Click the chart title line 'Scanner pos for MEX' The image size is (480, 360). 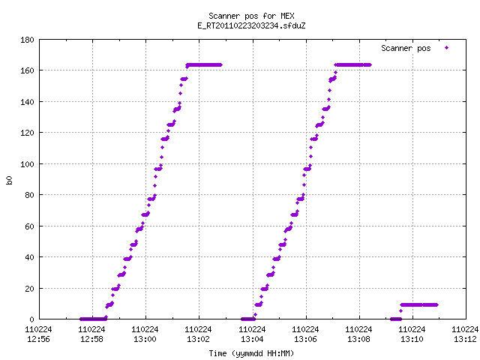[x=251, y=16]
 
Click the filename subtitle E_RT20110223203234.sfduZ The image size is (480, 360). [x=251, y=25]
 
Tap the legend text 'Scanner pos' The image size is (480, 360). [x=406, y=48]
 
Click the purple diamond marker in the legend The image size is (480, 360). [x=447, y=47]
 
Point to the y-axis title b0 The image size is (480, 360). [x=9, y=180]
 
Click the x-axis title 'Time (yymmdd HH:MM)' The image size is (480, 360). [x=251, y=353]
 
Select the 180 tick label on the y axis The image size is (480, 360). [x=27, y=40]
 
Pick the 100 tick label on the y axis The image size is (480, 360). [x=27, y=164]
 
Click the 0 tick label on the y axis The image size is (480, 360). [x=31, y=319]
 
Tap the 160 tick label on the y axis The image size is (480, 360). [x=27, y=70]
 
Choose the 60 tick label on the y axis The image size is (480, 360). [x=29, y=226]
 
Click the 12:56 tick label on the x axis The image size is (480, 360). [x=38, y=339]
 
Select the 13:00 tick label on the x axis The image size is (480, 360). [x=145, y=339]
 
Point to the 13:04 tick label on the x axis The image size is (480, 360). [x=252, y=339]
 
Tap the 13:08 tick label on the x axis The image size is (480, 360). [x=358, y=339]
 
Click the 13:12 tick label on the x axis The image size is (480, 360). [x=465, y=339]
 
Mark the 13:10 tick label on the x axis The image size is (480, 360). [x=412, y=339]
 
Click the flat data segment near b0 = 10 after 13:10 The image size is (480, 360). [x=419, y=305]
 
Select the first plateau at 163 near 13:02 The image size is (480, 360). [x=204, y=65]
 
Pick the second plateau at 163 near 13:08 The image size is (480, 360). [x=353, y=65]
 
